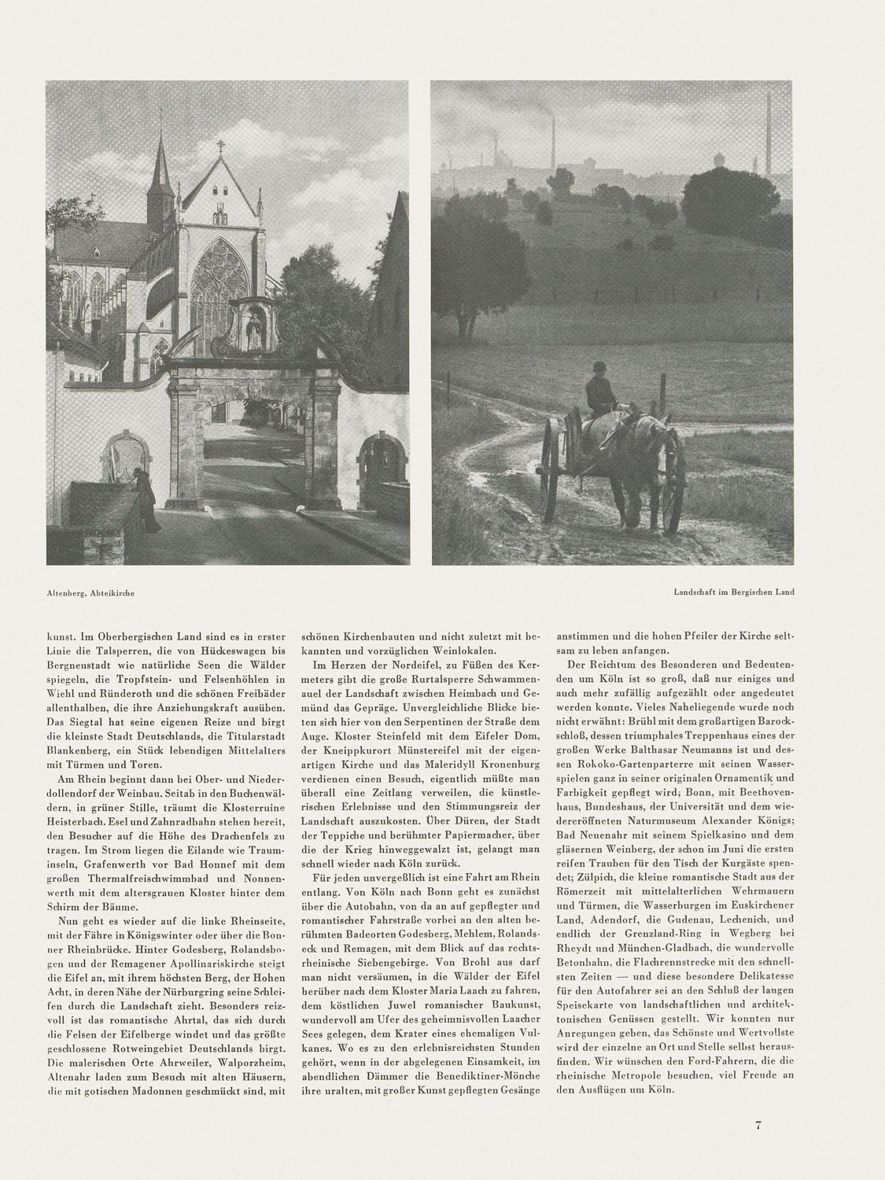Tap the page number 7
(x=758, y=1126)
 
